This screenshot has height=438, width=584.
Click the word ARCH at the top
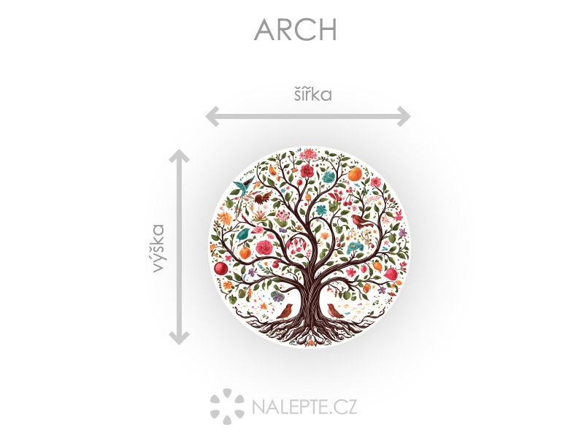point(296,29)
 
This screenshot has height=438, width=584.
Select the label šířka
point(313,94)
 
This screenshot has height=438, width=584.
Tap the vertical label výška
point(158,248)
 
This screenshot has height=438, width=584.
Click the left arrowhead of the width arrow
point(212,116)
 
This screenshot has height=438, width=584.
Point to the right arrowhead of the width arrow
point(404,116)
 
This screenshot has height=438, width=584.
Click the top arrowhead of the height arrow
point(179,156)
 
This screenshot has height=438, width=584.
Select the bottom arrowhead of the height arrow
point(179,337)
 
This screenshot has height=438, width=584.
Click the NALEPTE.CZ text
point(304,407)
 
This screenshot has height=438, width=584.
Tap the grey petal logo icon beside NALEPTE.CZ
point(227,407)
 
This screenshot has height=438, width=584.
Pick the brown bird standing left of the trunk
point(285,312)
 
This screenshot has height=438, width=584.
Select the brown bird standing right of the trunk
point(335,311)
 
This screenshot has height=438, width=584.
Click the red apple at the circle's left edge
point(220,268)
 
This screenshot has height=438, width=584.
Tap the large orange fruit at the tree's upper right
point(355,174)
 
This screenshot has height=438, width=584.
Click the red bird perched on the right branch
point(361,221)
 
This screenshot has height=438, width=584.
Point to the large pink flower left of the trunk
point(264,247)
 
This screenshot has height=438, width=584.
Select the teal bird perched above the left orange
point(245,234)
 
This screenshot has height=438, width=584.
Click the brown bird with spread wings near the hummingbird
point(264,197)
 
